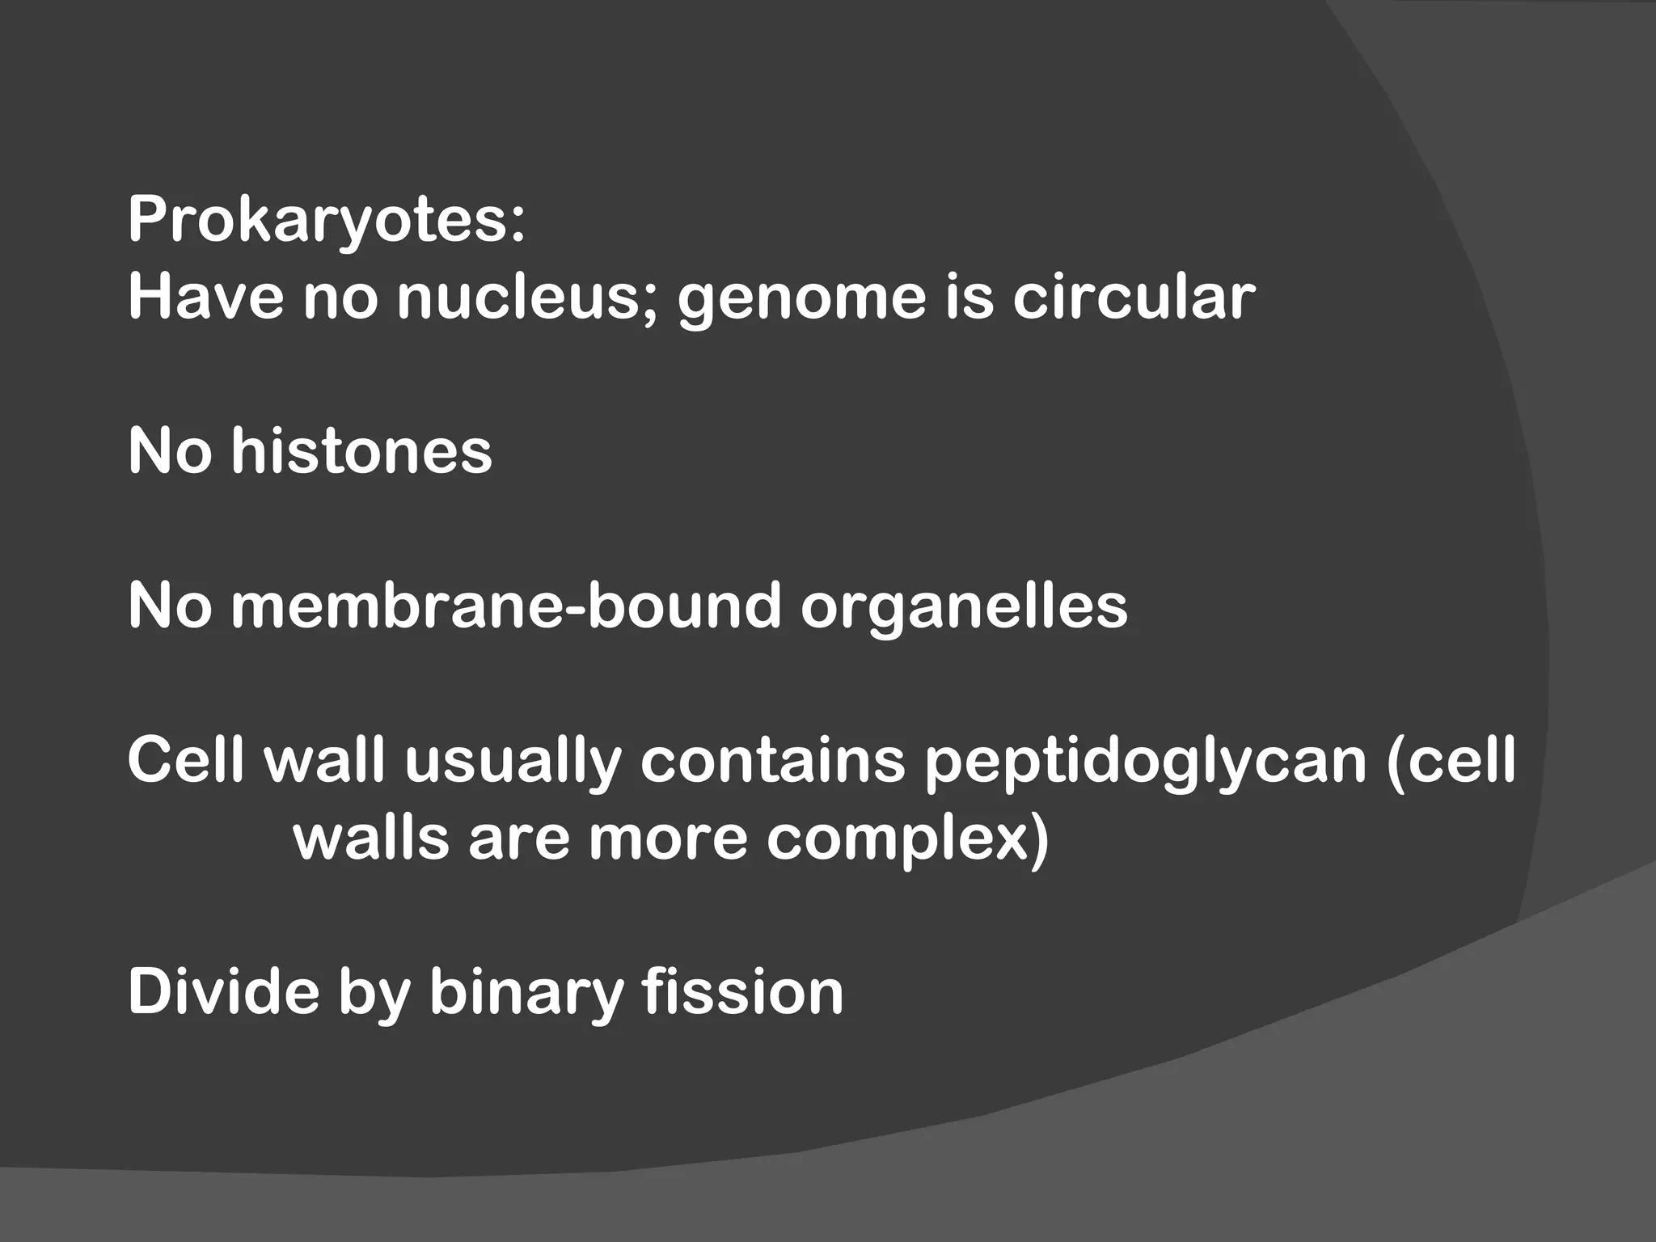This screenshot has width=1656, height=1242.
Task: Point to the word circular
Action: [x=1134, y=297]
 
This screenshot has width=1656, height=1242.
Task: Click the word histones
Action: [x=361, y=450]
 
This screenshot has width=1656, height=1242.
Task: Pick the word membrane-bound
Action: [x=506, y=606]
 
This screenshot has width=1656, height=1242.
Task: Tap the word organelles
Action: [x=964, y=607]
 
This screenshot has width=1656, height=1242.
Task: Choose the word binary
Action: [x=526, y=993]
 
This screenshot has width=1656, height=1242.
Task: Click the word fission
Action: [x=742, y=991]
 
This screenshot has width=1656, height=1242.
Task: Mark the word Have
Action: [x=206, y=297]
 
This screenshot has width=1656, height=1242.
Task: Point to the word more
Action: [x=668, y=839]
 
